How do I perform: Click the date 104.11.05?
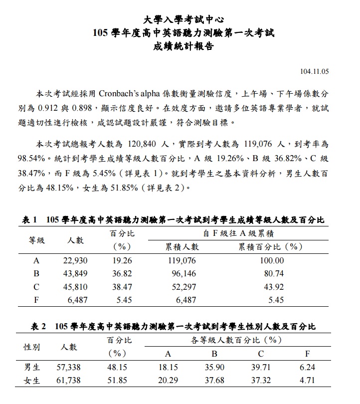point(315,71)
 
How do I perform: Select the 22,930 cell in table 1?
point(76,260)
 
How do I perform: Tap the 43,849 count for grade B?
point(76,274)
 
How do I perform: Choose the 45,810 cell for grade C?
point(76,287)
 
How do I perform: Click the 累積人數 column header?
point(182,247)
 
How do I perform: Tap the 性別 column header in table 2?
point(32,347)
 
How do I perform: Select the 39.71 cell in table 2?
point(261,367)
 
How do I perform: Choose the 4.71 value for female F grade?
point(307,380)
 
